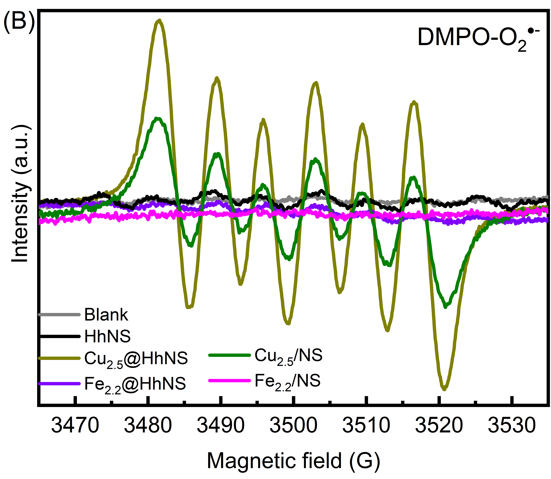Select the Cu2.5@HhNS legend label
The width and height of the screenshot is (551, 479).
click(136, 359)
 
